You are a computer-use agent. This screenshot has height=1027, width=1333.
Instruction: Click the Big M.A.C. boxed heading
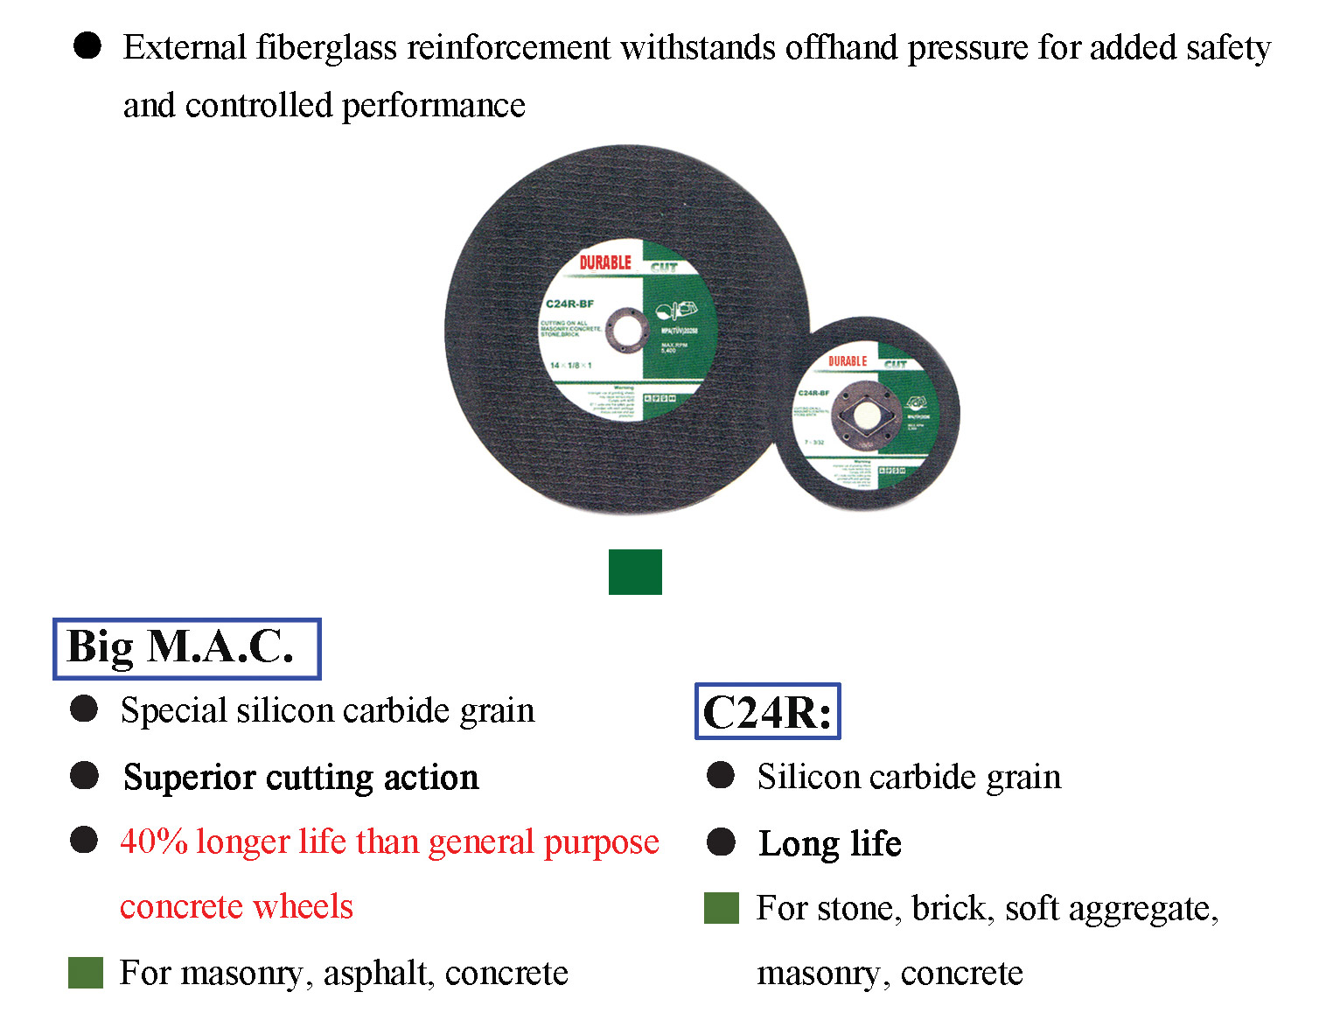click(185, 648)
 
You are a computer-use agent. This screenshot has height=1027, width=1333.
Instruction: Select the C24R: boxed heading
click(767, 711)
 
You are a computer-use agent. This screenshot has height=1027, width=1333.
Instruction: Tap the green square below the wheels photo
click(635, 572)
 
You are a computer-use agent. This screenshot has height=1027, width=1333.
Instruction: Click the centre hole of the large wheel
click(624, 331)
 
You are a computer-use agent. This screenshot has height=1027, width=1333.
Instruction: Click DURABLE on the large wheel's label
click(604, 262)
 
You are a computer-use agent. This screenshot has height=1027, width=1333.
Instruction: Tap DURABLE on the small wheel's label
click(848, 361)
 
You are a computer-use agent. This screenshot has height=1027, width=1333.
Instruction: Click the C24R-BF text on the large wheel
click(569, 304)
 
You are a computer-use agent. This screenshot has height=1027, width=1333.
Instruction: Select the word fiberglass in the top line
click(326, 47)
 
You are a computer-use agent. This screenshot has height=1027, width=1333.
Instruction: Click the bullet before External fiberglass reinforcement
click(87, 45)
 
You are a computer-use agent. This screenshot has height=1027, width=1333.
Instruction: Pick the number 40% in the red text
click(154, 842)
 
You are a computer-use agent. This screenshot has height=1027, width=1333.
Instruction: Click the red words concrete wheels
click(236, 906)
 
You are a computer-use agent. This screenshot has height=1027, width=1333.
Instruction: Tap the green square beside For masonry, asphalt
click(86, 973)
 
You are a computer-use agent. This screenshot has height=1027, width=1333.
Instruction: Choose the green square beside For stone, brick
click(722, 908)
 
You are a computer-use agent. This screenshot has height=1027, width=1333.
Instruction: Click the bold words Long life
click(829, 843)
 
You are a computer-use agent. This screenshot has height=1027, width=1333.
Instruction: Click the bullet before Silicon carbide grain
click(721, 775)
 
